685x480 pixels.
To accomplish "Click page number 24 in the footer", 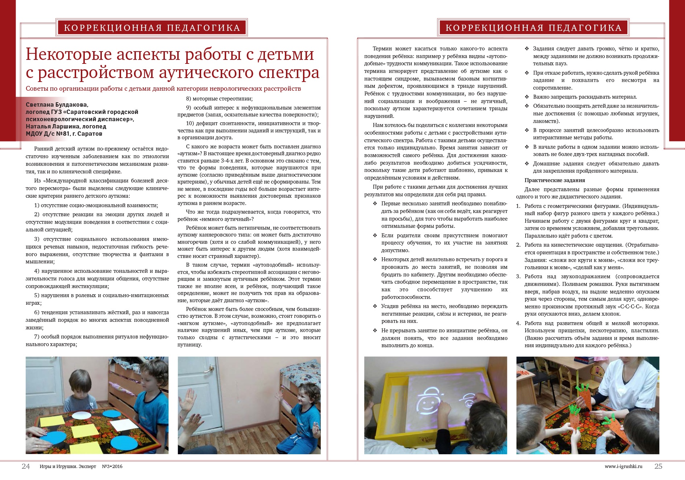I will coord(26,466).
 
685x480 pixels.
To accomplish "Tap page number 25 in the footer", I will coord(658,466).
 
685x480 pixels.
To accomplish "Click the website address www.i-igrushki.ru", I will coord(623,467).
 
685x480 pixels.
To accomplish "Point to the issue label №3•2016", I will coord(112,467).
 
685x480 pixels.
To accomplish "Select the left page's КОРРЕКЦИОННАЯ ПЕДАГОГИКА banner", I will coord(152,28).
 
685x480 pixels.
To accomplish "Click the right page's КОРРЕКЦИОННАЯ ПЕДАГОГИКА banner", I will coord(533,28).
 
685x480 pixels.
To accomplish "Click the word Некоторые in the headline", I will coord(68,54).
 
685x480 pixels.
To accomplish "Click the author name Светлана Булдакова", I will coord(57,105).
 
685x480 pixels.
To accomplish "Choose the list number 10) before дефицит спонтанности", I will coord(190,123).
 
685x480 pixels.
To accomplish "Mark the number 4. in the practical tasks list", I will coord(518,323).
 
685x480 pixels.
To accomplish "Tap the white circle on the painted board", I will coord(82,415).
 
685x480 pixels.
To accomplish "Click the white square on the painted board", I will coord(122,425).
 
